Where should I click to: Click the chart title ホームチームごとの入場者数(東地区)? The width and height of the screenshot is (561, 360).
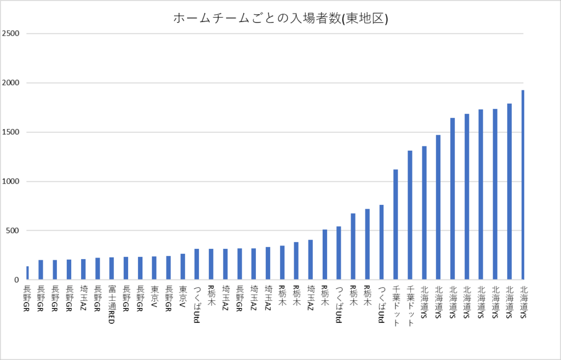pyautogui.click(x=280, y=19)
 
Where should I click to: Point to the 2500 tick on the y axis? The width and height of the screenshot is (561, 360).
pyautogui.click(x=11, y=33)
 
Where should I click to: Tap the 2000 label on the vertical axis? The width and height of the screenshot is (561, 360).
pyautogui.click(x=11, y=83)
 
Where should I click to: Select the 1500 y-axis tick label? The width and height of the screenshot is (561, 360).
pyautogui.click(x=11, y=132)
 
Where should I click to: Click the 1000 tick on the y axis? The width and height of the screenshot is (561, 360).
pyautogui.click(x=11, y=181)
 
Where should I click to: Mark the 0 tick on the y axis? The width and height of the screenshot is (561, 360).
pyautogui.click(x=17, y=280)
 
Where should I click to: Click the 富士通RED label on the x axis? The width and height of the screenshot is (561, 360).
pyautogui.click(x=111, y=305)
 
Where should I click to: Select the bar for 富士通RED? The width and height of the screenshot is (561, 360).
pyautogui.click(x=112, y=268)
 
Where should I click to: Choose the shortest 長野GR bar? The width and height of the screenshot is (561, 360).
pyautogui.click(x=27, y=273)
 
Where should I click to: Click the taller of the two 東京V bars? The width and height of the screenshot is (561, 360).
pyautogui.click(x=183, y=267)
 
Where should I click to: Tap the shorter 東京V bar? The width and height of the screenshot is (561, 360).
pyautogui.click(x=154, y=268)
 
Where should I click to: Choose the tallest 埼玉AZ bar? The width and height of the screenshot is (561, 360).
pyautogui.click(x=310, y=260)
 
